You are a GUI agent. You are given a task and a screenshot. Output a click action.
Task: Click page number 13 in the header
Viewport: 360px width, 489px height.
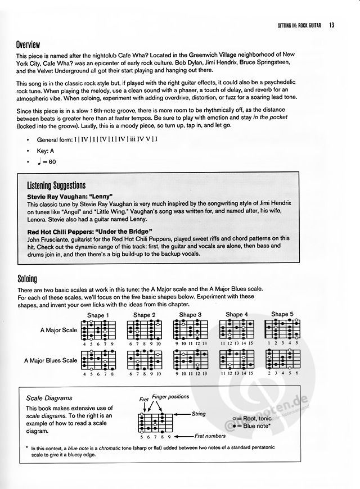pos(332,25)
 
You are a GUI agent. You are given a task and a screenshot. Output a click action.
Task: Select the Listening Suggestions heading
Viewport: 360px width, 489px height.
pos(56,185)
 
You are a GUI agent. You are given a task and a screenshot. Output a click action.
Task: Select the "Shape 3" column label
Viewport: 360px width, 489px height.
pos(190,315)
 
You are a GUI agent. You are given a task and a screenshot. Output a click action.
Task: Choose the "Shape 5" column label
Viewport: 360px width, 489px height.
pos(282,314)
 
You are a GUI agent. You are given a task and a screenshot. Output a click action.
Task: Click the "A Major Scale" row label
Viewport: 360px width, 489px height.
pos(58,331)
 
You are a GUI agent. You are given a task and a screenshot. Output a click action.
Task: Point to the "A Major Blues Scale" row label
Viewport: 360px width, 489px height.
pos(51,360)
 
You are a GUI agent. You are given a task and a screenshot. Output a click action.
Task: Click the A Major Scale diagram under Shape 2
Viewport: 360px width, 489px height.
pos(145,329)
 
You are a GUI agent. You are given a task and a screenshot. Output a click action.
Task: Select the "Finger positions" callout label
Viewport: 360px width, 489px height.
pos(171,396)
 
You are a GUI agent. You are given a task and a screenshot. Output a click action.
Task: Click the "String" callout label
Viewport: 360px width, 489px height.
pos(198,414)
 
